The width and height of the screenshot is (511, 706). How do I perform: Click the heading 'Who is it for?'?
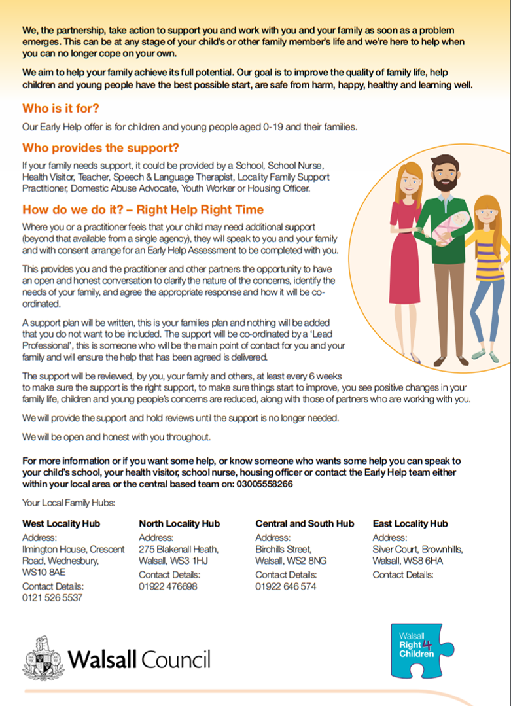(61, 108)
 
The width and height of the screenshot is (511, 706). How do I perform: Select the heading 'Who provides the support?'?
(101, 148)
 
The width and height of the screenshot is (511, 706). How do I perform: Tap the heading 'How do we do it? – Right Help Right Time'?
(143, 209)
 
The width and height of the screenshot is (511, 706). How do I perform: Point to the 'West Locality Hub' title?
(61, 523)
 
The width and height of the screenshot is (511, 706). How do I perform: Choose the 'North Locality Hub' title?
(179, 523)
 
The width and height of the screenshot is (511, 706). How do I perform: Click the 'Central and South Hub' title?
(304, 523)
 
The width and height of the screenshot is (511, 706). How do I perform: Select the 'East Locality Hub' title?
(410, 523)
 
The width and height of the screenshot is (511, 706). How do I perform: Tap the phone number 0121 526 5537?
(52, 597)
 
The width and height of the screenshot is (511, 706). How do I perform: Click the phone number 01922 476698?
(167, 586)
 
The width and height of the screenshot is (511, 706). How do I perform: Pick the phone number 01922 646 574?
(285, 586)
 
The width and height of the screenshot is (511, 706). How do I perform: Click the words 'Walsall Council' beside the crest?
(140, 658)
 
